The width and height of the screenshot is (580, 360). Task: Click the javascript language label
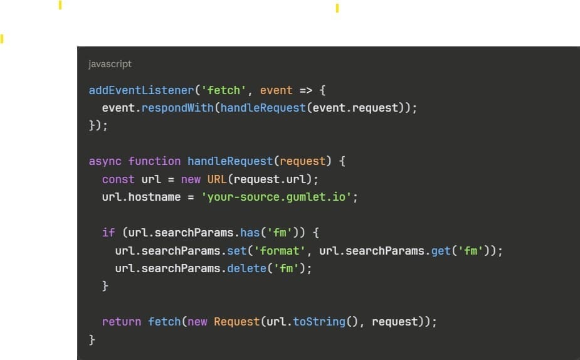[110, 64]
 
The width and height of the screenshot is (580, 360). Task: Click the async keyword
[105, 161]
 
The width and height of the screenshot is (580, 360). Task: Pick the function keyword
[154, 161]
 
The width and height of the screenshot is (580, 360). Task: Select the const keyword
[119, 179]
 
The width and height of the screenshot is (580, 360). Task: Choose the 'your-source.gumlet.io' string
[270, 197]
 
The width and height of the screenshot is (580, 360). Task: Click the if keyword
[108, 233]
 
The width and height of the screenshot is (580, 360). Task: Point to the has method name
[250, 233]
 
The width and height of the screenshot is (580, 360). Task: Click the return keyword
[122, 322]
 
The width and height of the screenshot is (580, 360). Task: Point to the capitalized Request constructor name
[236, 322]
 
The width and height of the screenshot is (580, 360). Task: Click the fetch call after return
[164, 322]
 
